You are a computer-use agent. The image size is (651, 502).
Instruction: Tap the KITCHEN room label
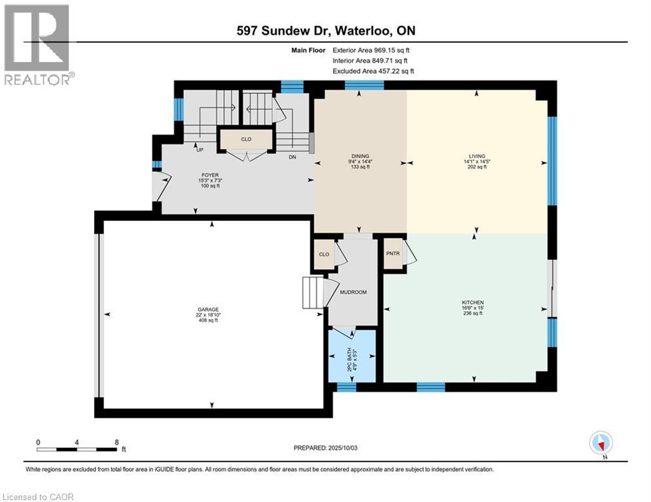(472, 303)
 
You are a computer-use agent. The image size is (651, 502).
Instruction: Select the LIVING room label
(476, 156)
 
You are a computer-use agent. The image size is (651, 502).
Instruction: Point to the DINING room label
(360, 156)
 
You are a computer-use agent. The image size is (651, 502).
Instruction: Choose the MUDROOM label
(353, 292)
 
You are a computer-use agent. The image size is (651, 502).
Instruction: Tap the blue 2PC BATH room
(353, 356)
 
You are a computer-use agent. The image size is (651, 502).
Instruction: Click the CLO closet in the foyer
(245, 139)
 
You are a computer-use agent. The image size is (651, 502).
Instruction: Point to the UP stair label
(200, 150)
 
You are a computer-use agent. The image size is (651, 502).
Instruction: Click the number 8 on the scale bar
(116, 442)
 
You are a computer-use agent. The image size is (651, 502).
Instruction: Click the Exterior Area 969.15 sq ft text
(372, 50)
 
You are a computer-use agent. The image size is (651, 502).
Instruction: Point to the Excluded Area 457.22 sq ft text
(374, 71)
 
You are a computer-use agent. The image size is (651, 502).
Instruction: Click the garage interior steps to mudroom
(313, 292)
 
